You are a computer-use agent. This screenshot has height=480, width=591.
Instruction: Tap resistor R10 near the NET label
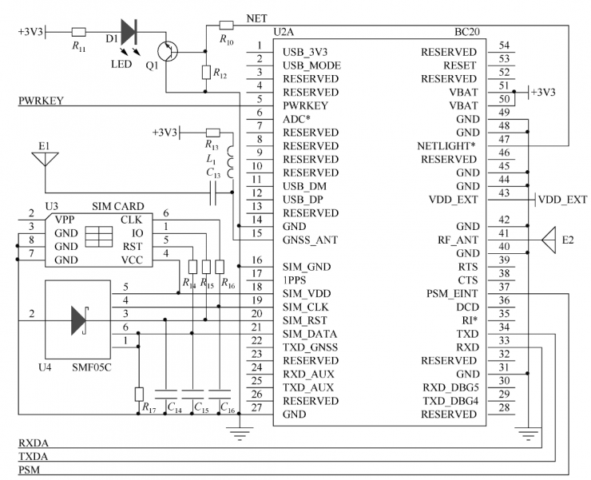pos(226,25)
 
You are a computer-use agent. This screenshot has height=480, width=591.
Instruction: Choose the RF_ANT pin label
pos(458,240)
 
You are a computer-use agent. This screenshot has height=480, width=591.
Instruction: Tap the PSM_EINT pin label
pos(451,293)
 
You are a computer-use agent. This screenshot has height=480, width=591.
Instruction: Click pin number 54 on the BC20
pos(504,46)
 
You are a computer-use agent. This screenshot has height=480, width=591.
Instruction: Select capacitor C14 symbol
pos(166,394)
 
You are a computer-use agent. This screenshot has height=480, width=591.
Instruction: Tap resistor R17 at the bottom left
pos(139,393)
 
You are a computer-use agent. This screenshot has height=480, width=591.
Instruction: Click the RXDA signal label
pos(33,442)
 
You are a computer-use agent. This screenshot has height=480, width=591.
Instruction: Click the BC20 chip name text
pos(465,33)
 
